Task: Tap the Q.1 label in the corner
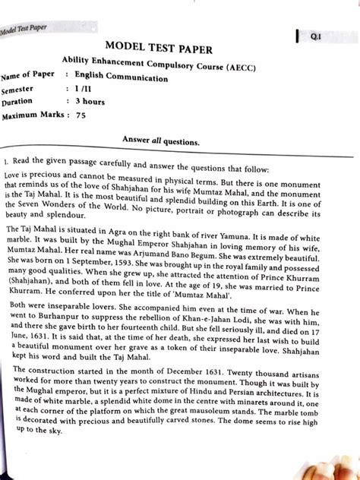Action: tap(314, 36)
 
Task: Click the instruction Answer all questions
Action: tap(160, 141)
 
